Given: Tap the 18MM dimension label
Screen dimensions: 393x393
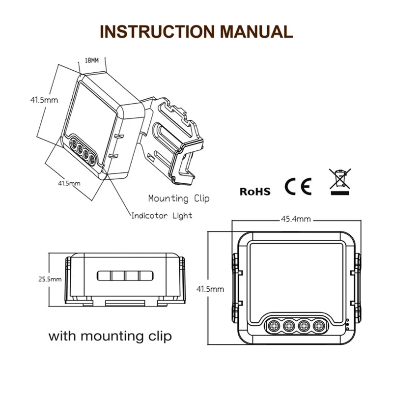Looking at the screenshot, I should (x=92, y=61).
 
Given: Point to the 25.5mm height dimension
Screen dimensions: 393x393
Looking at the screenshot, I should (x=50, y=279).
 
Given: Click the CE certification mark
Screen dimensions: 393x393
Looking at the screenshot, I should (x=298, y=187).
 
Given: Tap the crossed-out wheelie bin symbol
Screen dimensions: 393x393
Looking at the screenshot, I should (x=340, y=181).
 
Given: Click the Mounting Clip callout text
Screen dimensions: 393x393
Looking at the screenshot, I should (x=179, y=198).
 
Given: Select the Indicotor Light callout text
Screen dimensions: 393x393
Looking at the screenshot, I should (x=161, y=216).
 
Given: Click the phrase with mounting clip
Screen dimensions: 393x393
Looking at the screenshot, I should (x=110, y=337).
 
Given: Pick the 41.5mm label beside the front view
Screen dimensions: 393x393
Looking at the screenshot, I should (x=210, y=289).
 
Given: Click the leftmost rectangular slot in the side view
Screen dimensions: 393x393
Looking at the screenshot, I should (x=105, y=276).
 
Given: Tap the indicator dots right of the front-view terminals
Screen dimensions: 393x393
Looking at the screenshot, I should (x=347, y=325).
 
